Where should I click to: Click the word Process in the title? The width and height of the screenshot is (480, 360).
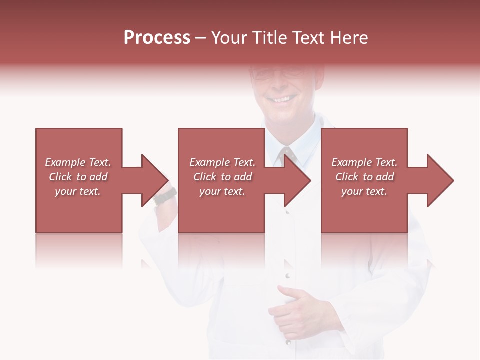[157, 38]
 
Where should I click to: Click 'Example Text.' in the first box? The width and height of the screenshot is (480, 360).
[78, 162]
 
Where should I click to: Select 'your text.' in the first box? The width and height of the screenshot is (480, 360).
[78, 191]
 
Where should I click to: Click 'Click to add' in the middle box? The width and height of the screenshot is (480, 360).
[222, 177]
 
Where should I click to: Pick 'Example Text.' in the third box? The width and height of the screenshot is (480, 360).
[364, 162]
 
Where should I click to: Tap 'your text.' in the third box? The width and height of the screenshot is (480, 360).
[364, 191]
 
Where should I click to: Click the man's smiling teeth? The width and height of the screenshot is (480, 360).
[281, 99]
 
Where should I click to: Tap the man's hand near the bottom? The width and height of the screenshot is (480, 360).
[295, 310]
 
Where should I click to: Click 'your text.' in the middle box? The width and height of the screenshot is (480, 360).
[222, 191]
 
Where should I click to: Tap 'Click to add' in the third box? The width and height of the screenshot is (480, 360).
[364, 177]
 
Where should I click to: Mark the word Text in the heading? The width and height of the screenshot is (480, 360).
[308, 38]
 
